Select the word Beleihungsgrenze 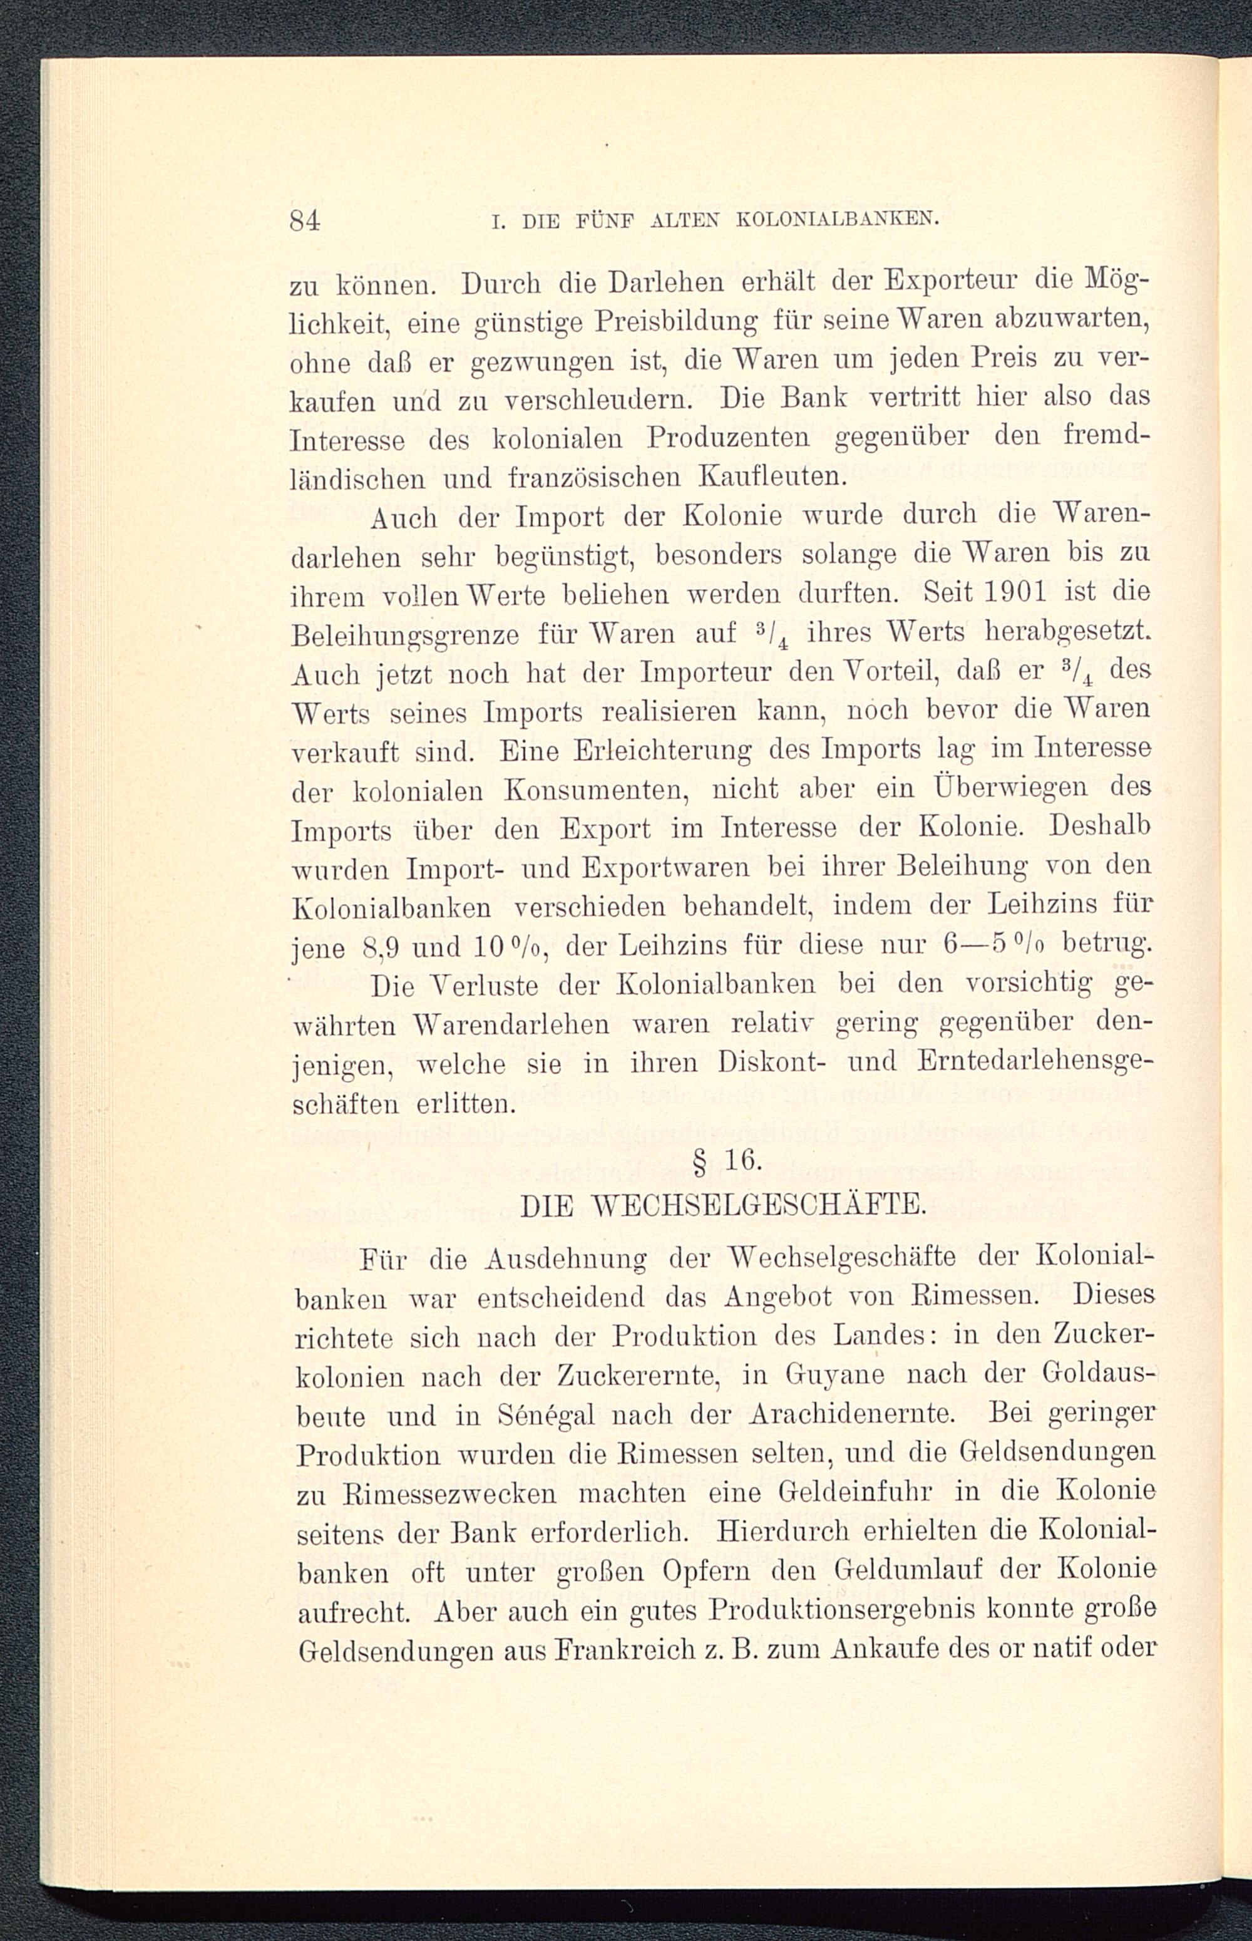click(x=405, y=635)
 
